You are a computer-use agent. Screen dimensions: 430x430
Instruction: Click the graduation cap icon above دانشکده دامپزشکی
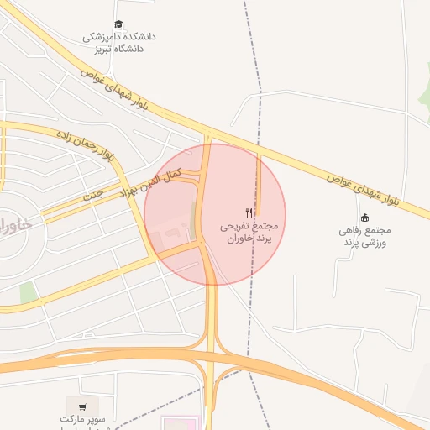point(118,25)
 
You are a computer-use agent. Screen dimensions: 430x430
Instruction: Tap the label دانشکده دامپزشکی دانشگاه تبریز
point(118,43)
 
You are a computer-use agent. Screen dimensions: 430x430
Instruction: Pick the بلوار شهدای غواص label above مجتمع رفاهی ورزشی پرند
point(362,188)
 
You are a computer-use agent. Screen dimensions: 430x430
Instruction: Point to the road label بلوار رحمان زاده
point(85,145)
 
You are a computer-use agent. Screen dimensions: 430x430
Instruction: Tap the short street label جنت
point(92,194)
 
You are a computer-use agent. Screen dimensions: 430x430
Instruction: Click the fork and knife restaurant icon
point(249,212)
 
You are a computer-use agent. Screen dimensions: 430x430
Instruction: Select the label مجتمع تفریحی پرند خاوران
point(248,233)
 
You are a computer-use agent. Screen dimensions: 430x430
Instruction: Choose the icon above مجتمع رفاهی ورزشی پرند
point(364,218)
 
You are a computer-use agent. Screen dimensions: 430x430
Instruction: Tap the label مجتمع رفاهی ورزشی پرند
point(364,236)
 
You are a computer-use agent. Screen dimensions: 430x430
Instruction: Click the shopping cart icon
point(82,406)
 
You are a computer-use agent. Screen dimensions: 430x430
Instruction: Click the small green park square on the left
point(29,292)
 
